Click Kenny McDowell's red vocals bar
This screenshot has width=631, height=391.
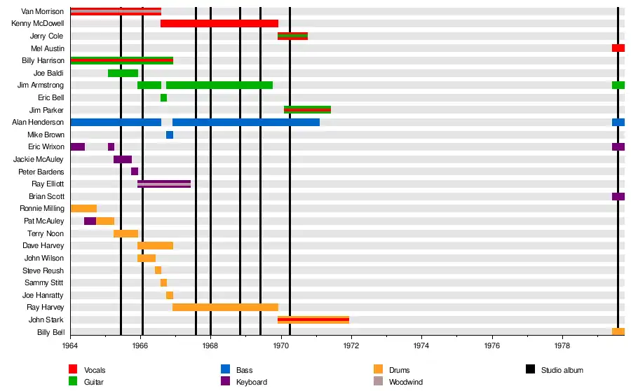click(219, 24)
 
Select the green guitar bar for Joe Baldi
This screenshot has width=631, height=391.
click(123, 74)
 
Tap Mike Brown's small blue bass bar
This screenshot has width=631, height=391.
click(170, 135)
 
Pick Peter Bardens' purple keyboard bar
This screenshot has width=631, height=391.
click(135, 172)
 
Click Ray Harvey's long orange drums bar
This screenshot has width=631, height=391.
click(225, 308)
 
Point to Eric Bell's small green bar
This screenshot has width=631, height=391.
click(163, 98)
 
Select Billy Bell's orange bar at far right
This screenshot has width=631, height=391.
click(618, 332)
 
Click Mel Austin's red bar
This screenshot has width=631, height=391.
click(618, 48)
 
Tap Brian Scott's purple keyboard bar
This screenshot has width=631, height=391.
click(618, 197)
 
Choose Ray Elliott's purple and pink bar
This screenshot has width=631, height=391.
click(164, 184)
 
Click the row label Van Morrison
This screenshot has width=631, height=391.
click(43, 12)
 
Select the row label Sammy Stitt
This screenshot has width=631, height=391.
click(43, 283)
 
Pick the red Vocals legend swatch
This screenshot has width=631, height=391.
click(73, 370)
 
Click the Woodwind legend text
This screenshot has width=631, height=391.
click(406, 382)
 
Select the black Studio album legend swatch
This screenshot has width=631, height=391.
click(530, 370)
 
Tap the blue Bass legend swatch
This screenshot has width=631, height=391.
click(225, 370)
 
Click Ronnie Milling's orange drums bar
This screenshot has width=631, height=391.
click(83, 209)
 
